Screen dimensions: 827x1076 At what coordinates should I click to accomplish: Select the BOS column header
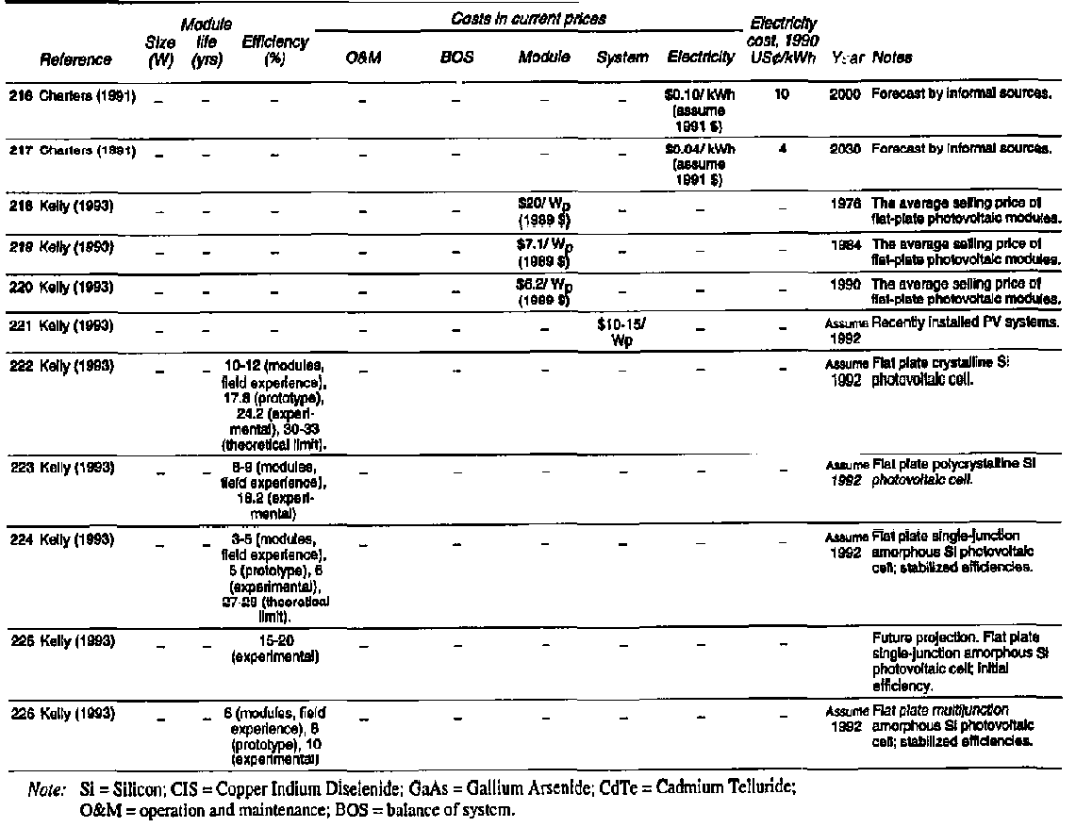(456, 58)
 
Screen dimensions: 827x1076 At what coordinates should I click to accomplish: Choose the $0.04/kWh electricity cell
(700, 162)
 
